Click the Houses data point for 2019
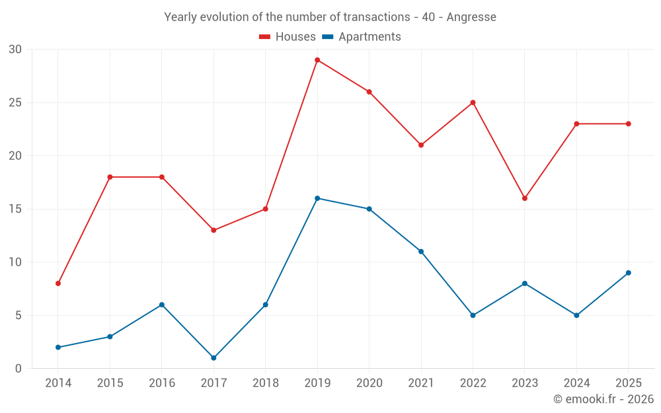click(317, 60)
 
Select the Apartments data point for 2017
click(214, 357)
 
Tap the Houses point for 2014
click(58, 283)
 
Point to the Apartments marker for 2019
click(317, 198)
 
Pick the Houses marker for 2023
click(525, 198)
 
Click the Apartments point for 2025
click(629, 273)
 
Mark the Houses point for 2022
click(473, 102)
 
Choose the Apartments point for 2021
click(421, 252)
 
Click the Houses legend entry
click(288, 36)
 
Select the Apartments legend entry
click(362, 36)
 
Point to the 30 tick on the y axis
click(15, 50)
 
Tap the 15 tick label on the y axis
click(15, 209)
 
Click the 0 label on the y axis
click(18, 368)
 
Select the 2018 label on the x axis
click(266, 383)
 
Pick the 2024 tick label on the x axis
click(576, 383)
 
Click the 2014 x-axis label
click(58, 383)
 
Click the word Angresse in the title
click(471, 17)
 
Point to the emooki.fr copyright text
click(603, 398)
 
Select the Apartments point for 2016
click(162, 305)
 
